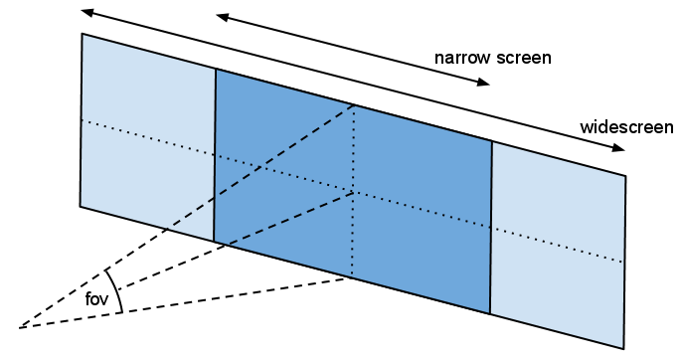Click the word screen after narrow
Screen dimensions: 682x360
pyautogui.click(x=525, y=58)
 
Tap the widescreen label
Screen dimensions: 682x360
pyautogui.click(x=626, y=127)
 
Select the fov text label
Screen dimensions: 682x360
pyautogui.click(x=96, y=299)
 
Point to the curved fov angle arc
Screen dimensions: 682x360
pyautogui.click(x=116, y=290)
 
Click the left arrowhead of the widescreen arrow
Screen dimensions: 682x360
pyautogui.click(x=87, y=12)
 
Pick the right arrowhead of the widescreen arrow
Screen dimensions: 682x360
pyautogui.click(x=618, y=147)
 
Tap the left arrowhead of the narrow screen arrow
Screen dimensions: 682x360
pyautogui.click(x=223, y=18)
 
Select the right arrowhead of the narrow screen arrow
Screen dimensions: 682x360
pyautogui.click(x=483, y=82)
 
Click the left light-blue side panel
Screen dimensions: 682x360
pyautogui.click(x=147, y=136)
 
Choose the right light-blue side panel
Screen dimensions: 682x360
pyautogui.click(x=558, y=245)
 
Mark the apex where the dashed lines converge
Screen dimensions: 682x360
pyautogui.click(x=20, y=328)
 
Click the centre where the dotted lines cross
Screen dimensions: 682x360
pyautogui.click(x=353, y=191)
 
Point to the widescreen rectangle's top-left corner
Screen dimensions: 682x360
pyautogui.click(x=82, y=34)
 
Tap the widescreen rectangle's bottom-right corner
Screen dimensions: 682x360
pyautogui.click(x=624, y=348)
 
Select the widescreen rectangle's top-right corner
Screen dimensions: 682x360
pyautogui.click(x=626, y=176)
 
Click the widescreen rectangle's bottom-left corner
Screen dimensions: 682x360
pyautogui.click(x=80, y=206)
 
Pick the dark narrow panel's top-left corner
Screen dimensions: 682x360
pyautogui.click(x=216, y=69)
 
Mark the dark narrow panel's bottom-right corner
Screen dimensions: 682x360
pyautogui.click(x=490, y=313)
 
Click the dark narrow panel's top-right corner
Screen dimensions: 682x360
pyautogui.click(x=492, y=141)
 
